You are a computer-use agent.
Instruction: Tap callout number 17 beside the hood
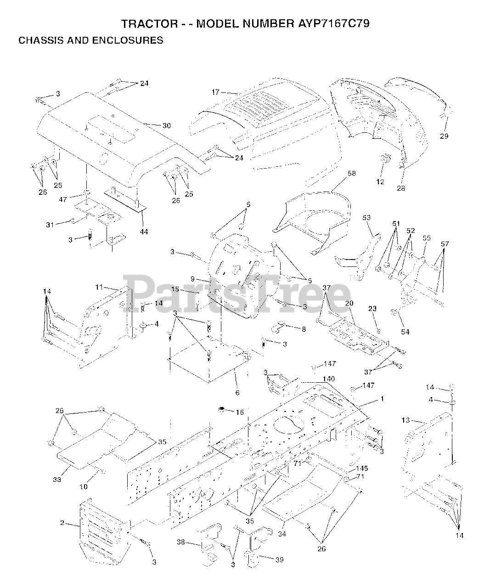pyautogui.click(x=216, y=92)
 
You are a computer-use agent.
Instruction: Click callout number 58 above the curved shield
pyautogui.click(x=352, y=174)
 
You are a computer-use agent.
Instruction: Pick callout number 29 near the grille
pyautogui.click(x=444, y=136)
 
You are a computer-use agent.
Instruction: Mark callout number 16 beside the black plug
pyautogui.click(x=240, y=413)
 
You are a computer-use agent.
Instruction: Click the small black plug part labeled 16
pyautogui.click(x=222, y=410)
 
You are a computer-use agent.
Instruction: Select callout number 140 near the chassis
pyautogui.click(x=329, y=379)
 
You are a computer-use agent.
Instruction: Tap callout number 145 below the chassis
pyautogui.click(x=362, y=469)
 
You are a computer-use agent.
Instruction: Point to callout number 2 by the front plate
pyautogui.click(x=62, y=523)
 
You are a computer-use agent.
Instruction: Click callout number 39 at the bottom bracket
pyautogui.click(x=279, y=560)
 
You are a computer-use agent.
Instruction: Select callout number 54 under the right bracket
pyautogui.click(x=405, y=332)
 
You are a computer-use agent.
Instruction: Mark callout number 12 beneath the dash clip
pyautogui.click(x=380, y=182)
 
